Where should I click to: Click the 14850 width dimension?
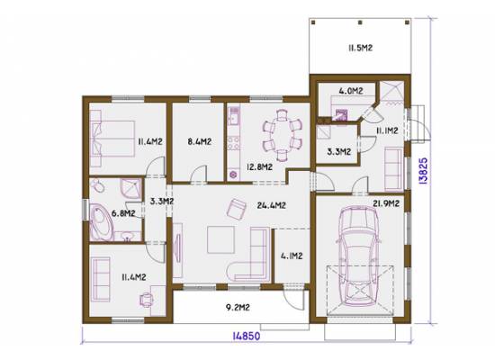tap(247, 336)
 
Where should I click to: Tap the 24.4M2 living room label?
tap(271, 205)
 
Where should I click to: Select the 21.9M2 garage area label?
tap(386, 203)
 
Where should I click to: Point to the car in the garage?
tap(357, 256)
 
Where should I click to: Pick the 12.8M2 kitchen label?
tap(259, 166)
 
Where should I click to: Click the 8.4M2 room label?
tap(200, 141)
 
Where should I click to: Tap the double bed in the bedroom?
tap(112, 139)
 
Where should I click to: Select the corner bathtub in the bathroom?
tap(101, 222)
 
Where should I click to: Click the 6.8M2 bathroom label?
tap(123, 213)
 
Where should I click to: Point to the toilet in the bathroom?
tap(97, 186)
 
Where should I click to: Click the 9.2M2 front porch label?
tap(238, 307)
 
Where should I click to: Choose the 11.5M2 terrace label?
tap(361, 48)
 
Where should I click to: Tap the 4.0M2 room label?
tap(351, 91)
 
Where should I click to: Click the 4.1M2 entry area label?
tap(292, 256)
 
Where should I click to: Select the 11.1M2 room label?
tap(386, 130)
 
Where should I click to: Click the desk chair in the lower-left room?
tap(147, 300)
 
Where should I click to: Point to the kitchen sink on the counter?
tap(234, 115)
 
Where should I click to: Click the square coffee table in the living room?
tap(220, 239)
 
